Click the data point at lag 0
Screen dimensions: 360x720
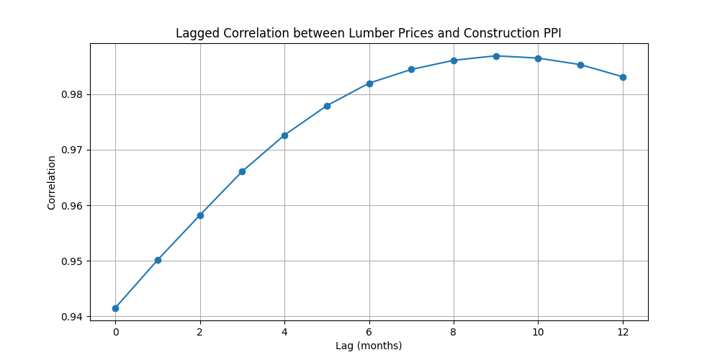coord(115,308)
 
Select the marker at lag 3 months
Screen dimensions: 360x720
coord(242,171)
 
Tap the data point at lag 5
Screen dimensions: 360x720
coord(327,106)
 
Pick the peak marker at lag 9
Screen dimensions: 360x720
coord(496,56)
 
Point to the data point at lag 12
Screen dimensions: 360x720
coord(623,77)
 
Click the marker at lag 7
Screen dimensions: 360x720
coord(411,70)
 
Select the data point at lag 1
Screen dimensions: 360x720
coord(158,260)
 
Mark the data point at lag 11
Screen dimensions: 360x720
coord(580,65)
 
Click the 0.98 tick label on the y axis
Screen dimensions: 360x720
coord(73,94)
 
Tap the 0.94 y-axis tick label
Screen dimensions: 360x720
coord(73,317)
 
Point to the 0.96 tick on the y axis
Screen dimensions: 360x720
coord(73,206)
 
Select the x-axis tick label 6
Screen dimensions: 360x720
coord(369,332)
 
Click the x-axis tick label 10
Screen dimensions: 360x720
coord(538,332)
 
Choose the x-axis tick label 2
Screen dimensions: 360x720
coord(200,332)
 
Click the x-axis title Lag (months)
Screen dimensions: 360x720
coord(369,346)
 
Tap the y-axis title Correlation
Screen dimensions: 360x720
coord(52,182)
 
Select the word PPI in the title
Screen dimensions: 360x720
coord(551,34)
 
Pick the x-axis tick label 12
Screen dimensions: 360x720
coord(623,332)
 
